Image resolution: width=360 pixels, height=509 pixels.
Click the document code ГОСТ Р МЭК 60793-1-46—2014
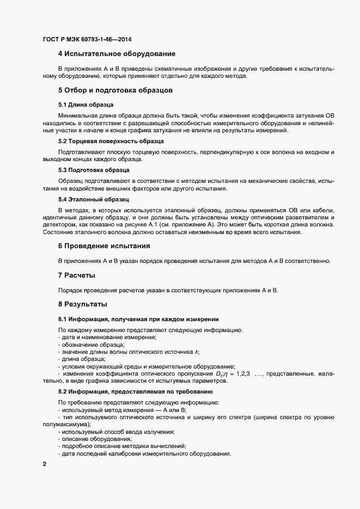click(87, 39)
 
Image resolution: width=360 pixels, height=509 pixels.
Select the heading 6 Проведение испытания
click(104, 246)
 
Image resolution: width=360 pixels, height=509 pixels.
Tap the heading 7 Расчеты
click(77, 275)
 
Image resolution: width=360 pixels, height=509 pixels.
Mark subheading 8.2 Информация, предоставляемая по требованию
click(136, 391)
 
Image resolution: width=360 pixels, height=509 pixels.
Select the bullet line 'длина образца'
click(83, 359)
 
